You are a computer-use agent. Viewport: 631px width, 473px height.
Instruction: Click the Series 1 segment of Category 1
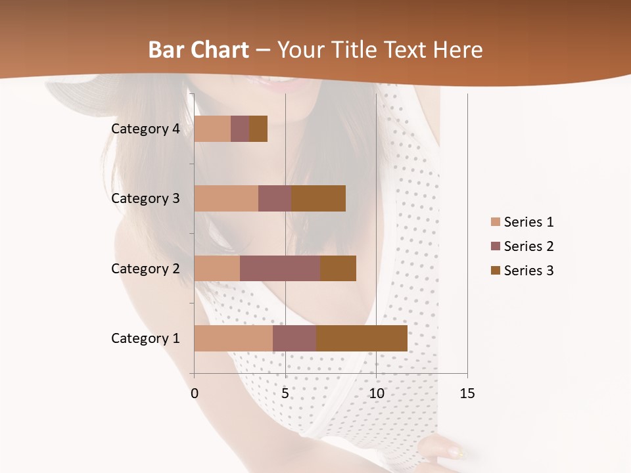click(233, 338)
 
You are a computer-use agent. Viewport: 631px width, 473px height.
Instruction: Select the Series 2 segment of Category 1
click(294, 338)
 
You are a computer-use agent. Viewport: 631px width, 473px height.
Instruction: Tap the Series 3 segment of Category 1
click(362, 338)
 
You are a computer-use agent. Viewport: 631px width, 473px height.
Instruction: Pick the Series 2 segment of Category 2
click(280, 268)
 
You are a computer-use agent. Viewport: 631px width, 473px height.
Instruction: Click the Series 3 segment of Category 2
click(338, 268)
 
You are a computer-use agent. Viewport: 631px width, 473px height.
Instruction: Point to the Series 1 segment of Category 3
click(226, 198)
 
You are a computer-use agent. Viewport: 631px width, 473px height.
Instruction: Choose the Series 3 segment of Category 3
click(318, 198)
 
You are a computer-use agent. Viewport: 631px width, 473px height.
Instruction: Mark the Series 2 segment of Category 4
click(240, 129)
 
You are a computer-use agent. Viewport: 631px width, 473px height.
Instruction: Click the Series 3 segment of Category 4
click(258, 129)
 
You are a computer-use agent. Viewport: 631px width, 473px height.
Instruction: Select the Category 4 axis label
click(145, 129)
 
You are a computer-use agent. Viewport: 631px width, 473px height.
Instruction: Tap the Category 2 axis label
click(145, 268)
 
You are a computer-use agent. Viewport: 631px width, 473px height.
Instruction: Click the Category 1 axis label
click(145, 338)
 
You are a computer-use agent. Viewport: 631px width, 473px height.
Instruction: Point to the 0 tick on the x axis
click(195, 394)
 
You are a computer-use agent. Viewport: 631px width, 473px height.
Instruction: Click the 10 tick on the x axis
click(376, 394)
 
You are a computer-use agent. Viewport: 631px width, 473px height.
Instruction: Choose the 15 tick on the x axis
click(467, 394)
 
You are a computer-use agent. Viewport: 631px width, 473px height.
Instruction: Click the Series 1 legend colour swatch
click(495, 222)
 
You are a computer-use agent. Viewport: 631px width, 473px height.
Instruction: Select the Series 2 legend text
click(528, 246)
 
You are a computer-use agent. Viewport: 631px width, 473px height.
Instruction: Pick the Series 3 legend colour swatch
click(495, 271)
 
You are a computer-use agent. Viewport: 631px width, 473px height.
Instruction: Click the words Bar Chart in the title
click(199, 50)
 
